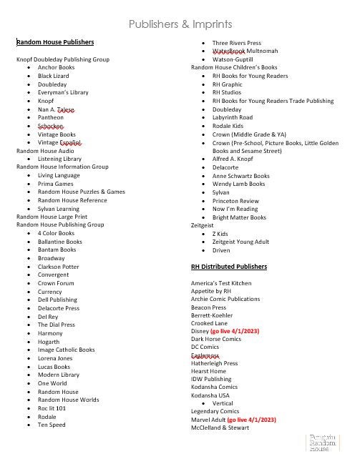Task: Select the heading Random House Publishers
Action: point(55,43)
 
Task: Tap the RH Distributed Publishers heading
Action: point(228,267)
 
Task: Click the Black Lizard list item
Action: point(54,76)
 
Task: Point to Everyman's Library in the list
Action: point(63,92)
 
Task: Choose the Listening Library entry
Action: point(59,159)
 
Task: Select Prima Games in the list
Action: point(55,184)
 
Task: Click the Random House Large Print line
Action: point(52,217)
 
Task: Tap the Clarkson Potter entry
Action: point(59,266)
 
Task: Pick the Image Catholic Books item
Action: point(66,350)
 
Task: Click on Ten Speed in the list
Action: point(52,425)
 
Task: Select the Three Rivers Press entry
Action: point(236,43)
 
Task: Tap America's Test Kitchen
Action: point(221,283)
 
